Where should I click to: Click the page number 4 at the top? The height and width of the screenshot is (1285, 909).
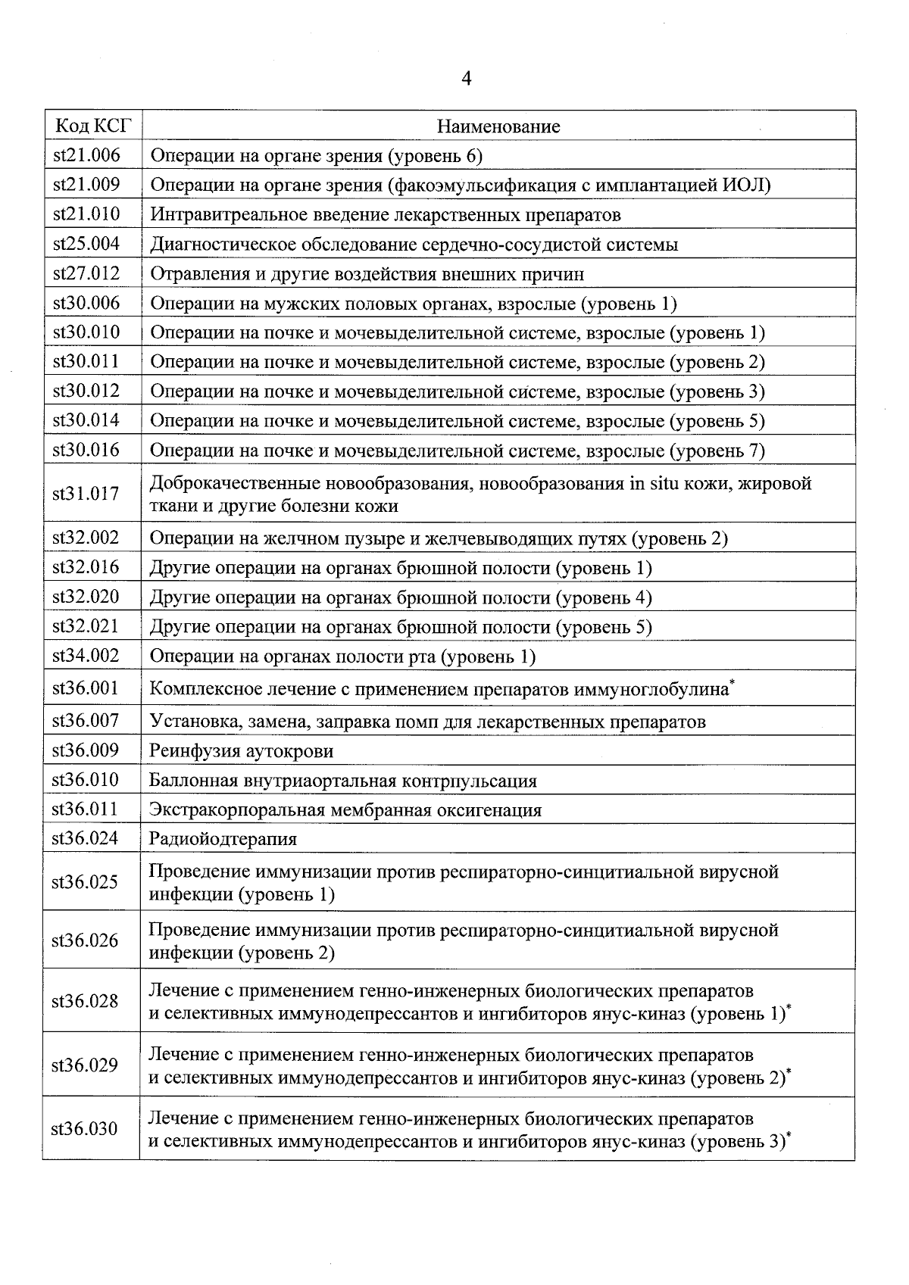[466, 79]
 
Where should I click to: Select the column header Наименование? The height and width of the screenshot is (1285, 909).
[498, 126]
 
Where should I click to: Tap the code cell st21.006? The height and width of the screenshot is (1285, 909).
[86, 155]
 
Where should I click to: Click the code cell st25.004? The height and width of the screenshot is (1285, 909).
[86, 244]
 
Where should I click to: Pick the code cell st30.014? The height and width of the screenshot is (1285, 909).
[86, 420]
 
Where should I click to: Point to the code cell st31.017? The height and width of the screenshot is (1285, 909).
[86, 494]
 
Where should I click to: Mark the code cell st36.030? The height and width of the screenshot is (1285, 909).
[84, 1129]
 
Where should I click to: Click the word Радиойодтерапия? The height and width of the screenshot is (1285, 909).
[223, 839]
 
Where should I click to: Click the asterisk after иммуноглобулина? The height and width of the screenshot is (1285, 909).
[732, 683]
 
